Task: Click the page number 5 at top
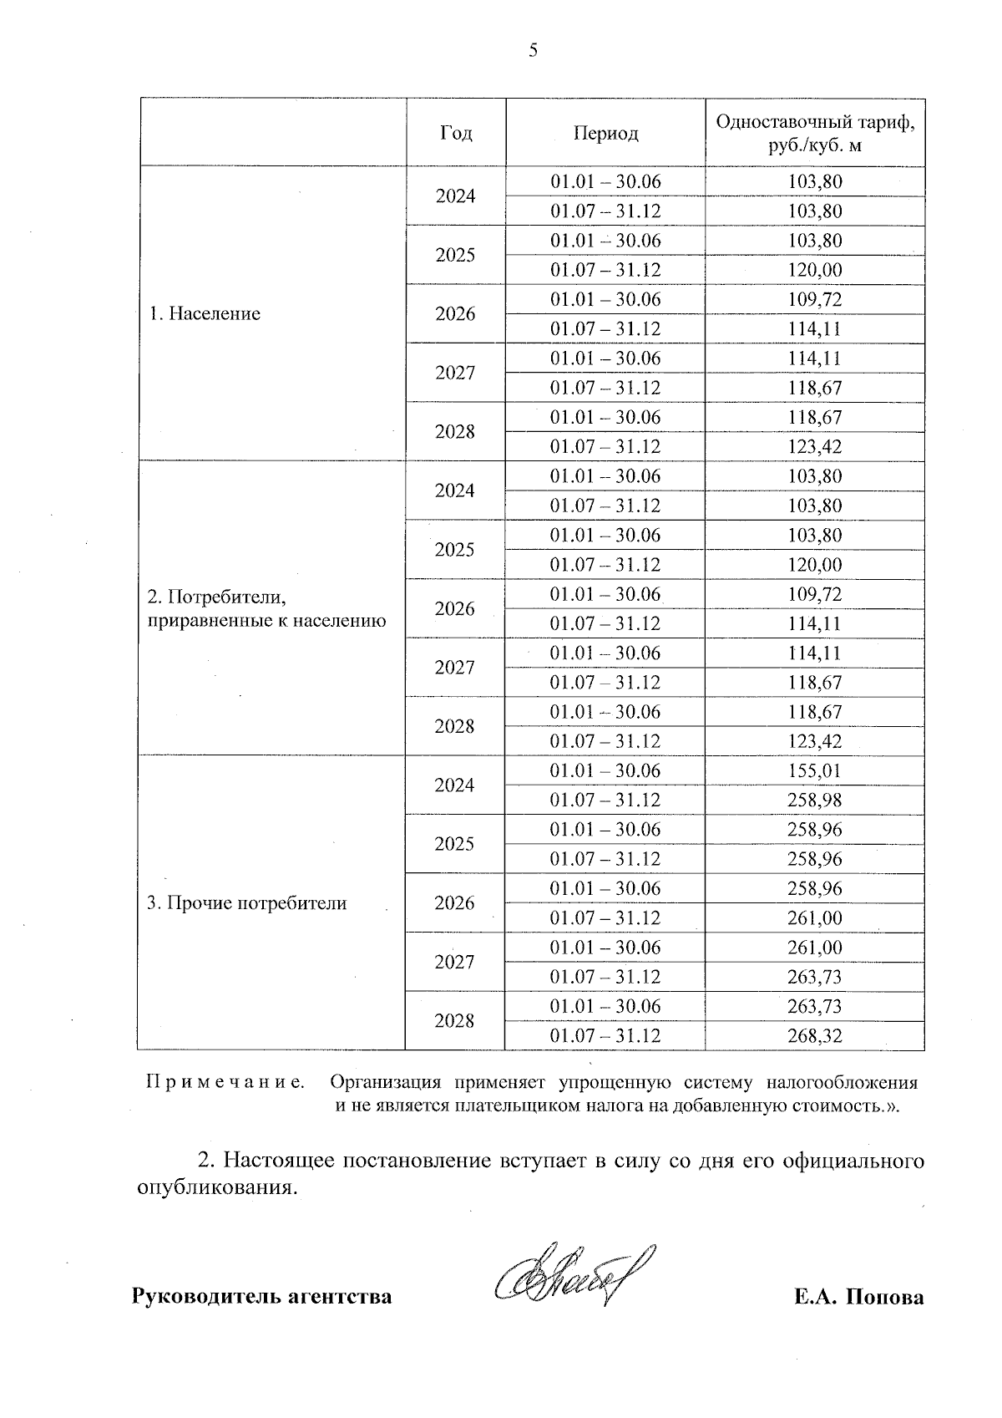click(x=534, y=51)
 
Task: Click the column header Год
click(x=456, y=133)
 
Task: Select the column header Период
click(x=605, y=133)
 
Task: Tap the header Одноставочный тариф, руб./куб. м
click(x=815, y=133)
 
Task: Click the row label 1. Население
click(x=205, y=314)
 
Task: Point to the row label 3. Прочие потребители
click(x=246, y=903)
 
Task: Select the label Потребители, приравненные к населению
click(x=266, y=609)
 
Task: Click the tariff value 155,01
click(x=815, y=770)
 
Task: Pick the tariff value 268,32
click(x=815, y=1036)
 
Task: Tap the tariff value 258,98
click(x=815, y=800)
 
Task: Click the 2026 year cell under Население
click(x=455, y=314)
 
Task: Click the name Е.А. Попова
click(x=859, y=1298)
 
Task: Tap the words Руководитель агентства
click(x=262, y=1298)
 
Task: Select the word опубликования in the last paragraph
click(x=216, y=1188)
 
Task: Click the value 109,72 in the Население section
click(x=815, y=299)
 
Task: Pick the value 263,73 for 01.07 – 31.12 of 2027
click(x=815, y=977)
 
